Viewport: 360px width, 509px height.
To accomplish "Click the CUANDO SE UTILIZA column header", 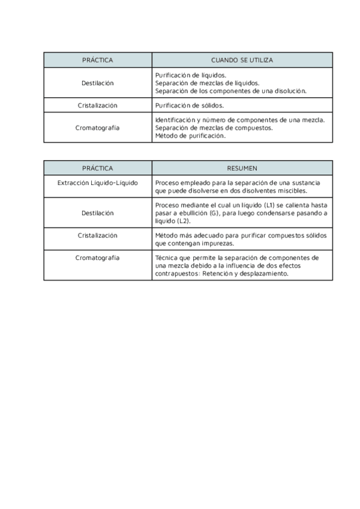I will (x=242, y=60).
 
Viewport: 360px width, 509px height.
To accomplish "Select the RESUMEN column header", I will (x=242, y=168).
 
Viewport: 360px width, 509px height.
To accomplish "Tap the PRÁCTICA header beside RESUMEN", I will (x=97, y=168).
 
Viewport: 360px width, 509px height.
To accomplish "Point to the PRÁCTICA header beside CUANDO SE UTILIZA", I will (x=97, y=60).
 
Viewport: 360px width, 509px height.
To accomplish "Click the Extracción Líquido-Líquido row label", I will (x=97, y=182).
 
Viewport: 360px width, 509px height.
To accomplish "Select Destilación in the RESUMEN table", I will (x=97, y=213).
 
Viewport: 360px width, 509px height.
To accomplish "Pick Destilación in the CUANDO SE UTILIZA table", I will (x=97, y=83).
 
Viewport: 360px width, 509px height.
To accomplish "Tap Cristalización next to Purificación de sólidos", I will (x=97, y=105).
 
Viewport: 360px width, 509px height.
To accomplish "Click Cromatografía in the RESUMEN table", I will (x=97, y=258).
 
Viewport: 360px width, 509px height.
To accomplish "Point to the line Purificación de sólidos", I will (x=189, y=105).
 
